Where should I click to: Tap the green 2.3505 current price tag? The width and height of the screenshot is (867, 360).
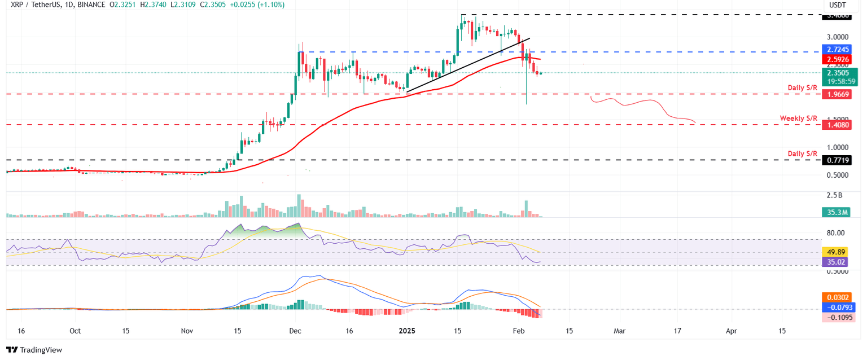click(x=839, y=72)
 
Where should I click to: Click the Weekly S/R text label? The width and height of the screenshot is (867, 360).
click(x=799, y=118)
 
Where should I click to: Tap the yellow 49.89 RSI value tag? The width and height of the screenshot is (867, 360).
click(x=838, y=252)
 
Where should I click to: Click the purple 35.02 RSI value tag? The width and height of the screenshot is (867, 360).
click(x=838, y=262)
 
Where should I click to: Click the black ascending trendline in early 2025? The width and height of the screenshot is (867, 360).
click(x=468, y=65)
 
